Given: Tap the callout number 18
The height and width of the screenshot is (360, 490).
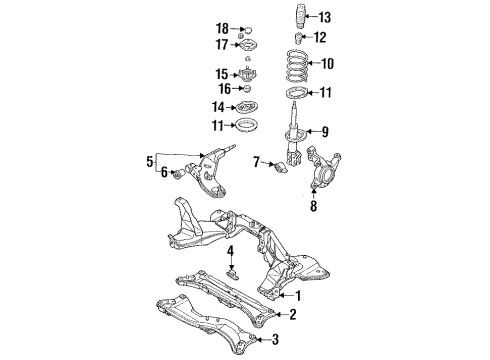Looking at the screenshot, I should [223, 26].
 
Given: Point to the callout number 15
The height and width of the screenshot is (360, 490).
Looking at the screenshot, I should [223, 74].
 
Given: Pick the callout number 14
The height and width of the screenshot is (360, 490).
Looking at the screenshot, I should [218, 108].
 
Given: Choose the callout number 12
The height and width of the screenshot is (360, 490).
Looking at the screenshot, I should [319, 38].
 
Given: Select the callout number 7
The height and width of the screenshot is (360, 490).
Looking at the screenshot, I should [257, 161].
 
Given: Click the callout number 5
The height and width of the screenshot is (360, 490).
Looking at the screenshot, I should [150, 159].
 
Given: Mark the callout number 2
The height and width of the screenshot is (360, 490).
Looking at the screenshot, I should [292, 316].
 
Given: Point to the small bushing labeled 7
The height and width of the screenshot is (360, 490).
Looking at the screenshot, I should [280, 165].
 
